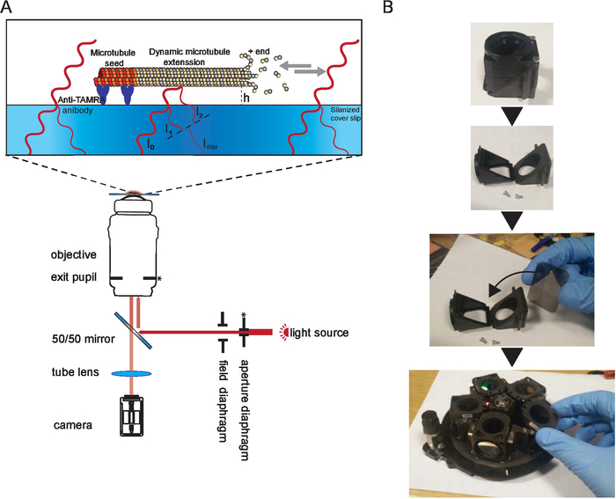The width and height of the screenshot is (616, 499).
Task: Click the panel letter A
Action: (x=7, y=6)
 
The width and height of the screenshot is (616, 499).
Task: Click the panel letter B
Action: (x=388, y=6)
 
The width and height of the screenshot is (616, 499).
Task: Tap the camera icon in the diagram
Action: (x=132, y=415)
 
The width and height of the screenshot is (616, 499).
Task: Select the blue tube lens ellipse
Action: (x=132, y=373)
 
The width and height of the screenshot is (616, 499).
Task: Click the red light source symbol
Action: (x=283, y=333)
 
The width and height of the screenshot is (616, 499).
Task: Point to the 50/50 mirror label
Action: (x=84, y=339)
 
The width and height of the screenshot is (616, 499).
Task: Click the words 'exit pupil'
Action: (x=73, y=277)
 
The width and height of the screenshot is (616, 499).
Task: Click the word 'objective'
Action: (x=73, y=254)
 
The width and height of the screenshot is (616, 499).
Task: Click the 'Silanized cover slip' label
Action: (x=345, y=114)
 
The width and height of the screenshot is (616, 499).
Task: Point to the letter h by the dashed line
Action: (x=246, y=98)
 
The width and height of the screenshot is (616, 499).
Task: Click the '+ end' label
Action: (x=259, y=51)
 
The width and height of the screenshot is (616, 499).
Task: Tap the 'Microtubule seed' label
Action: (x=113, y=58)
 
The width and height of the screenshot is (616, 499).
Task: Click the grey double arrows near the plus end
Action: (x=302, y=69)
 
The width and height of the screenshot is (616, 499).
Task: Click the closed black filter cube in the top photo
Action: (x=509, y=66)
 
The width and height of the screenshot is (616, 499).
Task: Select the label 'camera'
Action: (x=73, y=425)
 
